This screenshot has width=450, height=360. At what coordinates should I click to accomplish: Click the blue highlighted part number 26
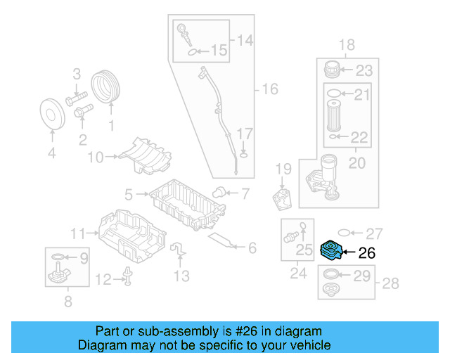coord(330,251)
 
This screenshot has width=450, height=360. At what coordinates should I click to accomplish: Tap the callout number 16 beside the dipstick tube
coord(270,89)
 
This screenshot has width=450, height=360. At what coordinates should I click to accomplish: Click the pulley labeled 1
coord(108,86)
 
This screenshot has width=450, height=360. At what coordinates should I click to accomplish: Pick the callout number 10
coord(95,157)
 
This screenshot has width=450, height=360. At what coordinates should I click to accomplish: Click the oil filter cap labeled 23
coord(333,70)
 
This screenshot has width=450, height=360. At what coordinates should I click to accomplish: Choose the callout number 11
coord(77,233)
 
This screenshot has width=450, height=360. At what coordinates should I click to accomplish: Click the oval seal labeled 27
coord(345,233)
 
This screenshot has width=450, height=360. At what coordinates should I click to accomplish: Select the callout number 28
coord(390,283)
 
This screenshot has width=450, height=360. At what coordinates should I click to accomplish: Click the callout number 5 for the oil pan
coord(129,193)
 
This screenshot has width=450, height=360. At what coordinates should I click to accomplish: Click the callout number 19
coord(283,168)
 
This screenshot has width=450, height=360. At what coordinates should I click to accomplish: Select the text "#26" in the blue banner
coord(244,331)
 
